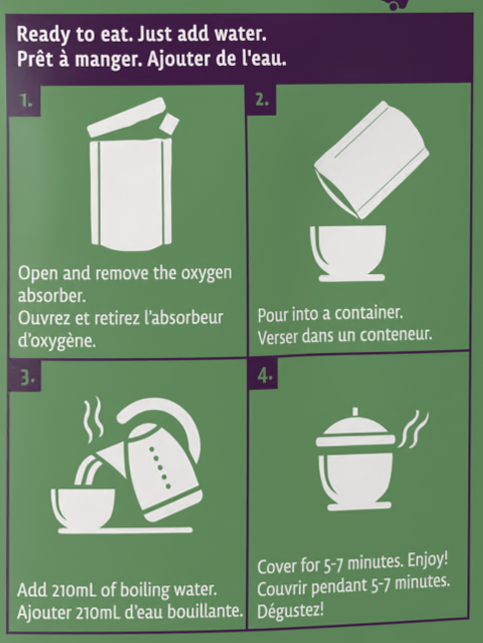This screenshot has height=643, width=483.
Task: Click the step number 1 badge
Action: [25, 101]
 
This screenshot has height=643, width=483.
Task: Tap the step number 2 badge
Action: [261, 100]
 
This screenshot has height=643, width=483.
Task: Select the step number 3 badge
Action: [26, 377]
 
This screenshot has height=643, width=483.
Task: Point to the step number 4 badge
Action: [264, 375]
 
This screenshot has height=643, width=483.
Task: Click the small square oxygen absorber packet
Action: [169, 123]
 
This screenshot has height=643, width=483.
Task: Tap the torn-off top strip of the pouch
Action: [126, 117]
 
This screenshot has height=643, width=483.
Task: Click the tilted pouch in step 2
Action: [371, 160]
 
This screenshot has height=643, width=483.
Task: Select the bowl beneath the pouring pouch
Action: [349, 253]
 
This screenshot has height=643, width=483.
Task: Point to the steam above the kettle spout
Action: [93, 419]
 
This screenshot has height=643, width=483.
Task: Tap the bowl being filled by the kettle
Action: [84, 507]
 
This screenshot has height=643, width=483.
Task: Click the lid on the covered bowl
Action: [356, 430]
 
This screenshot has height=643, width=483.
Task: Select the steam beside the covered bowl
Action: [413, 429]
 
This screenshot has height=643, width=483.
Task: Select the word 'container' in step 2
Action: [368, 313]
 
